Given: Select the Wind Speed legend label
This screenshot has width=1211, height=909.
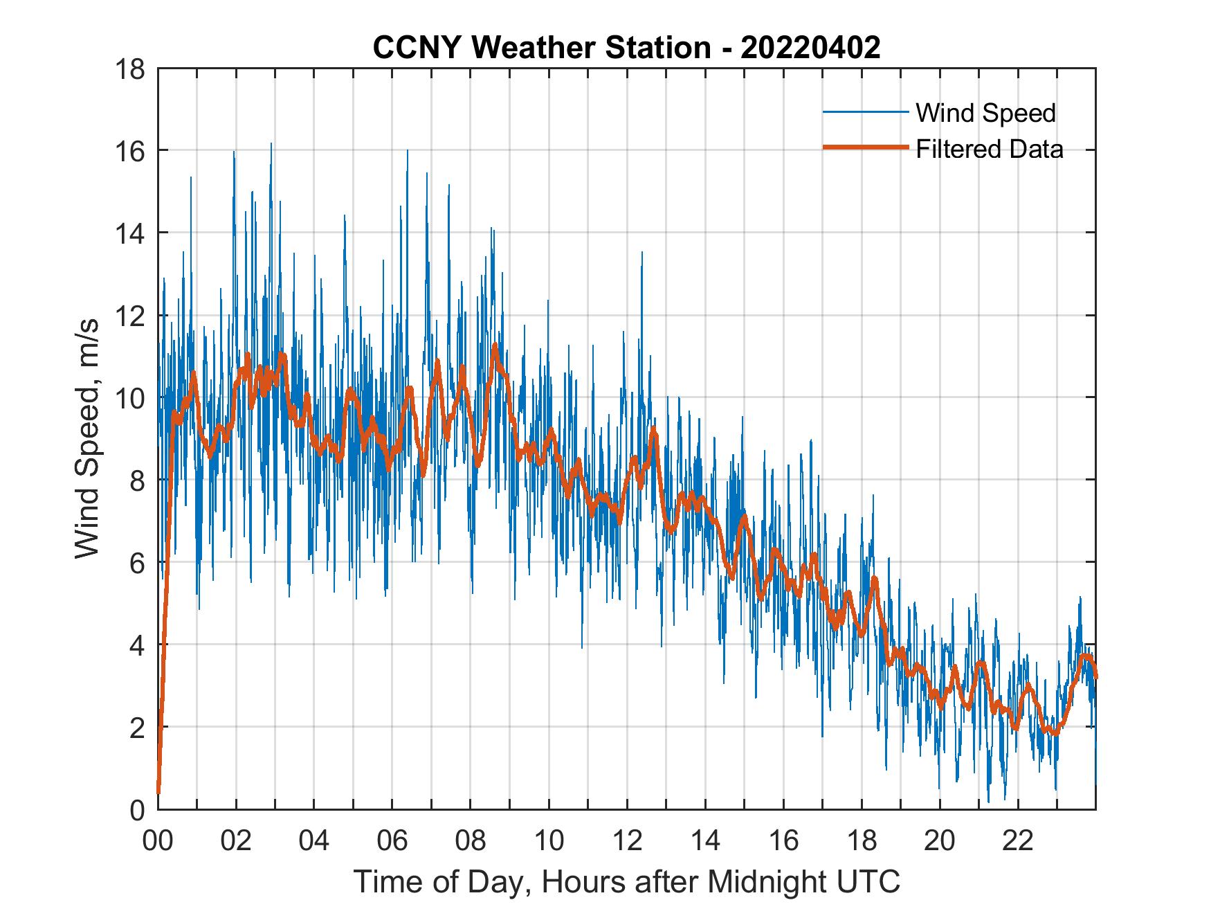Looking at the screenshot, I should point(985,113).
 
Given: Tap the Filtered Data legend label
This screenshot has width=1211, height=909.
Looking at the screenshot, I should point(989,149).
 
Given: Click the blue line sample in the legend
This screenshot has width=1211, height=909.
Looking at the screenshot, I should point(865,112).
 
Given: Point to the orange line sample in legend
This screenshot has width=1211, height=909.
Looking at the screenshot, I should point(865,148).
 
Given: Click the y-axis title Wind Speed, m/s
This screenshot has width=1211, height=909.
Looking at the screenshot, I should point(88,439).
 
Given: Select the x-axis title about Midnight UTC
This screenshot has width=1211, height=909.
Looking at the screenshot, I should point(627,881).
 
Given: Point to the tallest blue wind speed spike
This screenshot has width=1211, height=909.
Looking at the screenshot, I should point(271,144).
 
